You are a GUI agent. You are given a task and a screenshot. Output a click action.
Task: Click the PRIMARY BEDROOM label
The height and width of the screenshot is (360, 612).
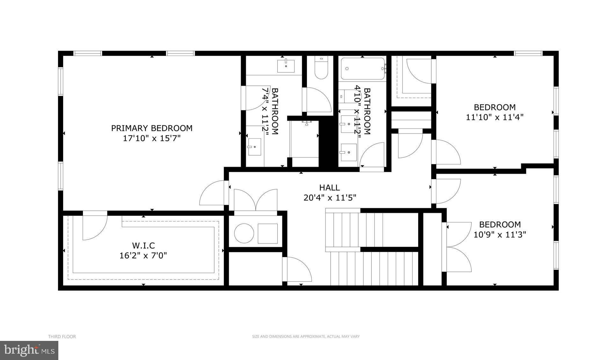[x=152, y=128]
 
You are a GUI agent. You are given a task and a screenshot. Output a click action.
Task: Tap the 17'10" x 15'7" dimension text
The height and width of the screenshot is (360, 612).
[x=152, y=138]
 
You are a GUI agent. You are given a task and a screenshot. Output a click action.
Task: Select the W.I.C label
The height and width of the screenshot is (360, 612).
[x=143, y=246]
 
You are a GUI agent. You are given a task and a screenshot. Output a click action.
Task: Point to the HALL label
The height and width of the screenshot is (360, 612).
[x=330, y=188]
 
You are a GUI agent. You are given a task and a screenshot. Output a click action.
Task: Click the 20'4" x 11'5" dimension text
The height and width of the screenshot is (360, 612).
[x=330, y=198]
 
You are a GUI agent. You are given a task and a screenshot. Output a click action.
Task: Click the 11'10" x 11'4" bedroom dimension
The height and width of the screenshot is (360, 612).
[x=495, y=117]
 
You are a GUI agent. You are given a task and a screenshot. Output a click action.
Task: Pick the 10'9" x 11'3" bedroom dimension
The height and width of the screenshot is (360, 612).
[x=499, y=235]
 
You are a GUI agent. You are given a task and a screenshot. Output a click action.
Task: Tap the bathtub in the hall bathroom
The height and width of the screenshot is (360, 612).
[x=363, y=68]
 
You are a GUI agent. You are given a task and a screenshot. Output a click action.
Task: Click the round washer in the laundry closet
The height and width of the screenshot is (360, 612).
[x=244, y=233]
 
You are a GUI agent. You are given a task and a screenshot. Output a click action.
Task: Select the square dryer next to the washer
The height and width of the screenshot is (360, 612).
[x=267, y=233]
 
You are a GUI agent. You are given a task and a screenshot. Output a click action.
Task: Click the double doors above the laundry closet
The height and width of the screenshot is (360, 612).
[x=256, y=200]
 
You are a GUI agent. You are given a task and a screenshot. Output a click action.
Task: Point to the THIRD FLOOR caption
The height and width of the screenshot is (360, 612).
[x=62, y=336]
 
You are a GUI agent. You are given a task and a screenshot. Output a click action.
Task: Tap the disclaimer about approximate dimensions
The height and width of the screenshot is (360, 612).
[x=306, y=336]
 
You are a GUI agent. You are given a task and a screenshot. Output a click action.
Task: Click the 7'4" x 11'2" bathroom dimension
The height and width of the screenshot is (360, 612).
[x=265, y=112]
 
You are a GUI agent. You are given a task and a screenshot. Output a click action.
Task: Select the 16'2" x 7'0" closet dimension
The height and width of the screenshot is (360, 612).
[x=143, y=256]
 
